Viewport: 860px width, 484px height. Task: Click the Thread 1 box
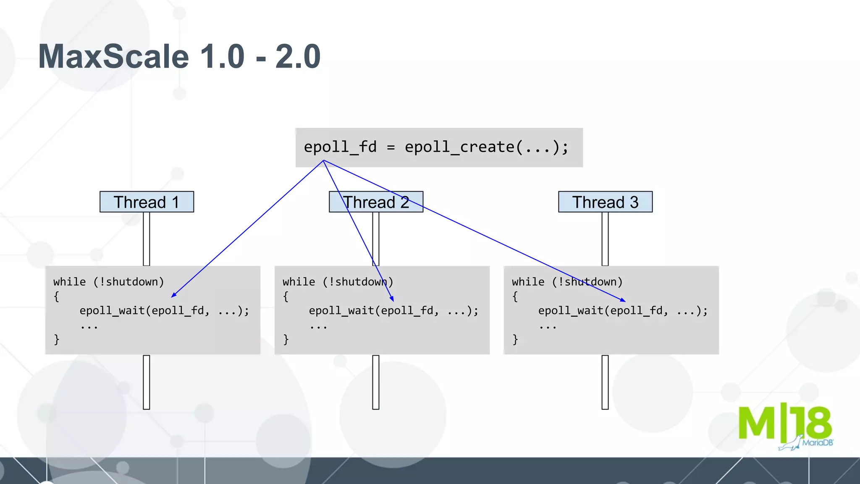[147, 202]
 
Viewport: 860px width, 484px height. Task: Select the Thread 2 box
[376, 202]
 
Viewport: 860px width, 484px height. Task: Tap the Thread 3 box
[605, 202]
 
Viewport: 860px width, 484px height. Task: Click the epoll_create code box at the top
[439, 147]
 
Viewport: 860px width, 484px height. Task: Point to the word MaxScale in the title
[113, 57]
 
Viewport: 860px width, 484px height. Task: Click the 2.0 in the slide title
[298, 57]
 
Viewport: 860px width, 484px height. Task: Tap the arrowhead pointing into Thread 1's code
[173, 295]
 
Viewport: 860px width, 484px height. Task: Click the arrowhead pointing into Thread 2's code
[392, 299]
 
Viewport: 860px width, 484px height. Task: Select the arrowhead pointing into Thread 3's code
[624, 300]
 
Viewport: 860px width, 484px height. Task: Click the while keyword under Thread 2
[299, 282]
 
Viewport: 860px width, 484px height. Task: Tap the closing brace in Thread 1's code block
[57, 339]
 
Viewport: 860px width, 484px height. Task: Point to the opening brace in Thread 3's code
[515, 296]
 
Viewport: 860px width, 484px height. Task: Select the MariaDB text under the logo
[817, 443]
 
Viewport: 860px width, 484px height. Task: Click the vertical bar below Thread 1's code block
[147, 382]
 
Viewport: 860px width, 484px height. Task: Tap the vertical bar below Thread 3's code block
[605, 382]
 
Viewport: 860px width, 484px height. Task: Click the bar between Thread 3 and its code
[605, 239]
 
